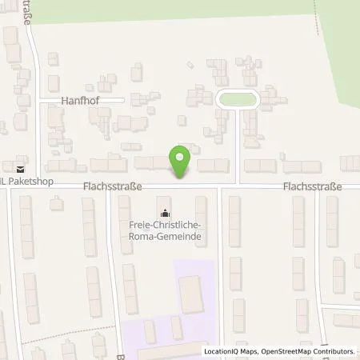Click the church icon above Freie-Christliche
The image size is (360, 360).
tap(166, 214)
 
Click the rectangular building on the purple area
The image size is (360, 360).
tap(191, 294)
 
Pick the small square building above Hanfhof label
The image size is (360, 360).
tap(52, 58)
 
